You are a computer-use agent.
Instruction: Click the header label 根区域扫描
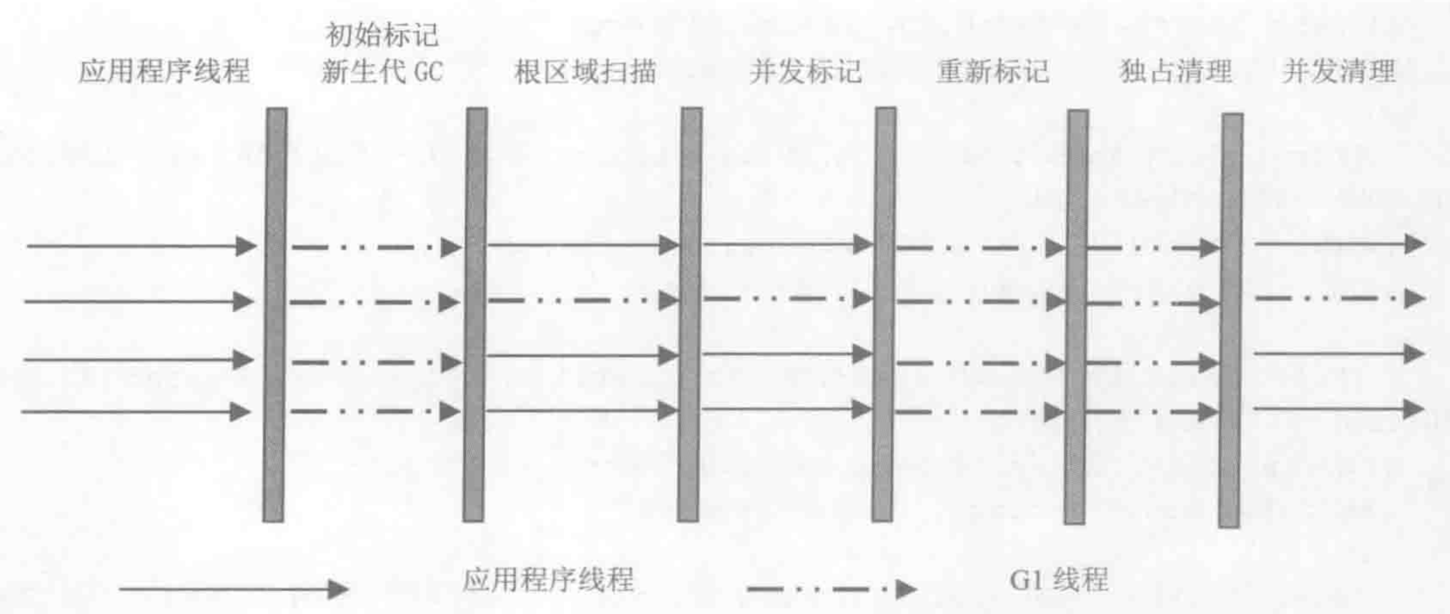pyautogui.click(x=585, y=72)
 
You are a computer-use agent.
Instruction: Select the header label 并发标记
pyautogui.click(x=805, y=72)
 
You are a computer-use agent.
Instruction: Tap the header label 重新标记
pyautogui.click(x=993, y=72)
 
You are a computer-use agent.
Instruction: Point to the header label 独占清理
pyautogui.click(x=1175, y=72)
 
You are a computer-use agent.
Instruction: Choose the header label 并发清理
pyautogui.click(x=1338, y=72)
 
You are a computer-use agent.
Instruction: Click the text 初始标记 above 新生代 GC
pyautogui.click(x=382, y=35)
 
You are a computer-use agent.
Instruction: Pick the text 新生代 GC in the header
pyautogui.click(x=382, y=72)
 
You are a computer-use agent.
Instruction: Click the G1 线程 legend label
pyautogui.click(x=1059, y=580)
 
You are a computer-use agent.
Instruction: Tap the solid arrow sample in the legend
pyautogui.click(x=233, y=589)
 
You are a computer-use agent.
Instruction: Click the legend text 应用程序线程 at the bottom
pyautogui.click(x=548, y=580)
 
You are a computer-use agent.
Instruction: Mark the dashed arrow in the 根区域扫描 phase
pyautogui.click(x=583, y=300)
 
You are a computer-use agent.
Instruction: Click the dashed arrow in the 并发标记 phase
pyautogui.click(x=787, y=299)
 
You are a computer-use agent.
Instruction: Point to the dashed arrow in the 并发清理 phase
pyautogui.click(x=1339, y=298)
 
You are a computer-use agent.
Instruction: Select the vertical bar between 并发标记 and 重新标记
pyautogui.click(x=884, y=313)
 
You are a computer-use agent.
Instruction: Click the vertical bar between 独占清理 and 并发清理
pyautogui.click(x=1231, y=320)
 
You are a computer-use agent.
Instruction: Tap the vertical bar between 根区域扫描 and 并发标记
pyautogui.click(x=690, y=313)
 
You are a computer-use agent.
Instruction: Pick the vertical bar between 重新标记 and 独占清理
pyautogui.click(x=1076, y=316)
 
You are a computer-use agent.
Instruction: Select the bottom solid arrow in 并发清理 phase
pyautogui.click(x=1339, y=408)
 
